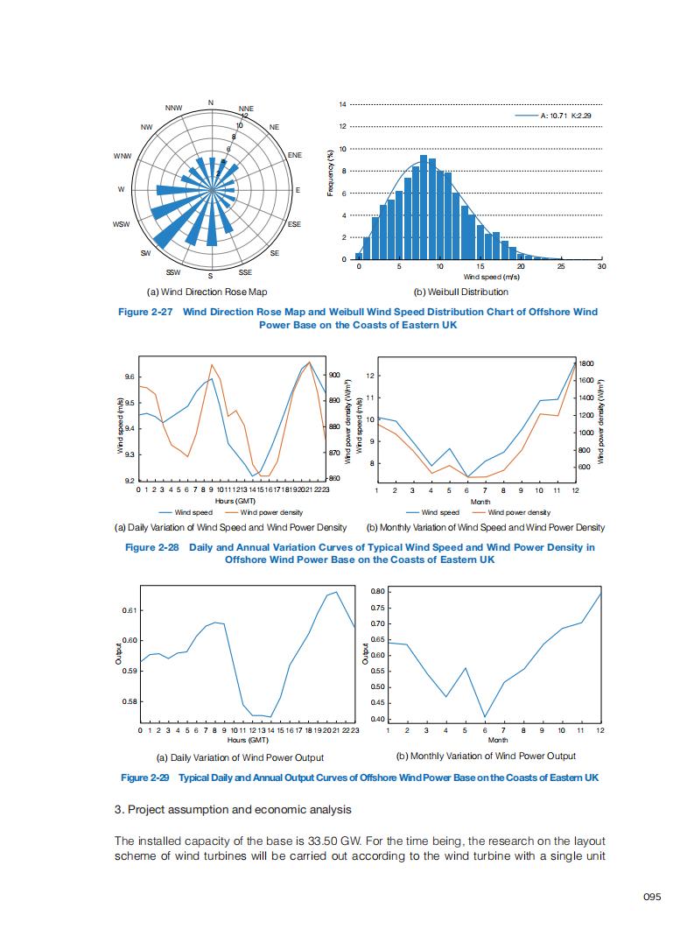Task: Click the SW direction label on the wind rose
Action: pyautogui.click(x=144, y=253)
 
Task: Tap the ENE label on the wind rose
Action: pyautogui.click(x=295, y=155)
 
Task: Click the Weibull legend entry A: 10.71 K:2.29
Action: pyautogui.click(x=565, y=116)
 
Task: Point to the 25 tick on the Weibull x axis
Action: pyautogui.click(x=561, y=266)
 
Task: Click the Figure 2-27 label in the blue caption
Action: pyautogui.click(x=145, y=312)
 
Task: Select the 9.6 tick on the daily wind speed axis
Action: pyautogui.click(x=130, y=376)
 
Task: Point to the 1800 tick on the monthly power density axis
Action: pyautogui.click(x=586, y=362)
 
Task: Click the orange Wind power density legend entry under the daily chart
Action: pyautogui.click(x=271, y=512)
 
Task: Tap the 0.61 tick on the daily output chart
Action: pyautogui.click(x=129, y=610)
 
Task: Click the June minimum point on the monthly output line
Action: pyautogui.click(x=486, y=716)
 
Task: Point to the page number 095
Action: pyautogui.click(x=651, y=897)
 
